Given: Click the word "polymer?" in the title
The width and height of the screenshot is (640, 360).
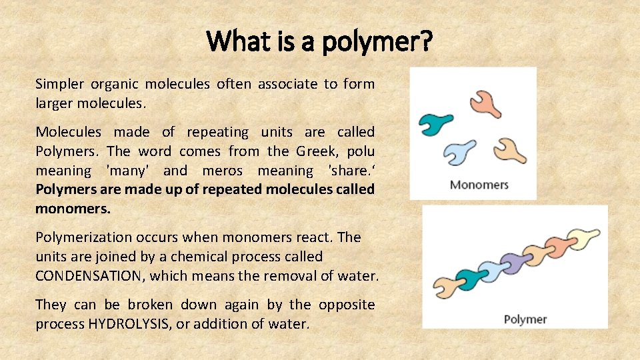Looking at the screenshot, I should pyautogui.click(x=376, y=42).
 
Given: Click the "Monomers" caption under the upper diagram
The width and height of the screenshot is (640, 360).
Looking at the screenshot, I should pyautogui.click(x=479, y=184).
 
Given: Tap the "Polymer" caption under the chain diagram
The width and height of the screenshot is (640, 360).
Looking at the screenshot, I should pyautogui.click(x=525, y=319).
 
